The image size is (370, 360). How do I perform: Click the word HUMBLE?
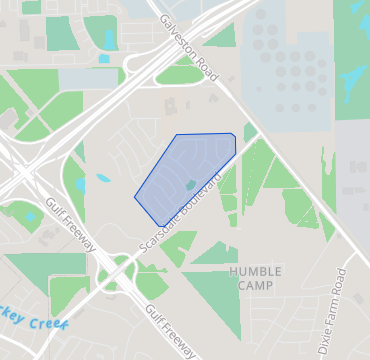point(255,271)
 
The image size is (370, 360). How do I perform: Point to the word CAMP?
point(255,285)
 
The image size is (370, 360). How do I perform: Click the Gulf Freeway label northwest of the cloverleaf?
point(69,224)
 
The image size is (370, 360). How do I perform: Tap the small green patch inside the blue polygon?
point(190,185)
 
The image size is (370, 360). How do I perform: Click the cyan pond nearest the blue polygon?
point(103,179)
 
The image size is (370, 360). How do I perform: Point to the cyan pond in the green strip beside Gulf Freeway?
point(79,185)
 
